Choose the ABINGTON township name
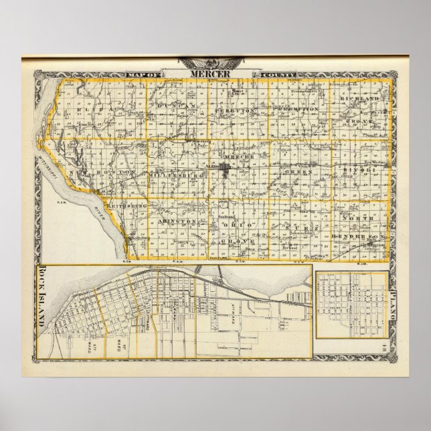pos(177,220)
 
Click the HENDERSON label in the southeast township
pos(360,237)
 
